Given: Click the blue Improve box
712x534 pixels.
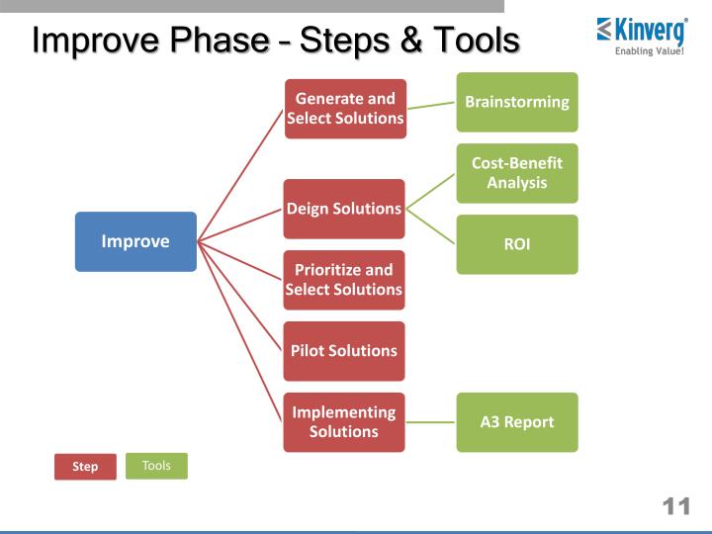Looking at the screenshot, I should [135, 241].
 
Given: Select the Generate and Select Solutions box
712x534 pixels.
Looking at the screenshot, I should [344, 109].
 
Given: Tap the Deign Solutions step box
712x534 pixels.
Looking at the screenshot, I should [344, 209].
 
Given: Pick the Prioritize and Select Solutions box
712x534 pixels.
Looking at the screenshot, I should [344, 280].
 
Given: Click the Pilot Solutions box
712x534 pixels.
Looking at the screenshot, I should [344, 351].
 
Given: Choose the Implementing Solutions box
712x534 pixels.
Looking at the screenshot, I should [344, 422].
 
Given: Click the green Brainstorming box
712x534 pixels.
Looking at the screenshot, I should [517, 102].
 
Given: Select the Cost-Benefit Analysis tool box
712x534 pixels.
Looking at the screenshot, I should [517, 173].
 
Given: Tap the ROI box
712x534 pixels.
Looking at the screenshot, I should [517, 244].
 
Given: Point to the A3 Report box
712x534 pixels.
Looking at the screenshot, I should [517, 422].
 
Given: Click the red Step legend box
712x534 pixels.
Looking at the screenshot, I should [85, 467].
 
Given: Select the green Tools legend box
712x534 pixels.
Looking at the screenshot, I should [156, 466].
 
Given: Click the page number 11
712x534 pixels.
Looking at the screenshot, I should [675, 507].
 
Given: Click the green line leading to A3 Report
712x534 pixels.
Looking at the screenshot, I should [431, 422].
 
